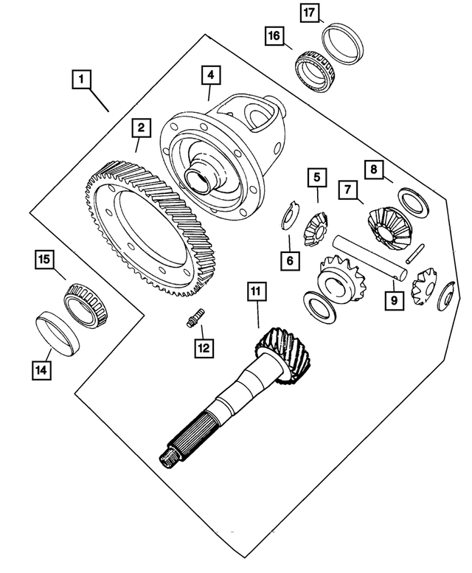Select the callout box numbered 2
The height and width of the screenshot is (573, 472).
click(138, 128)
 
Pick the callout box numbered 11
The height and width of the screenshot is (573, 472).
click(255, 293)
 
